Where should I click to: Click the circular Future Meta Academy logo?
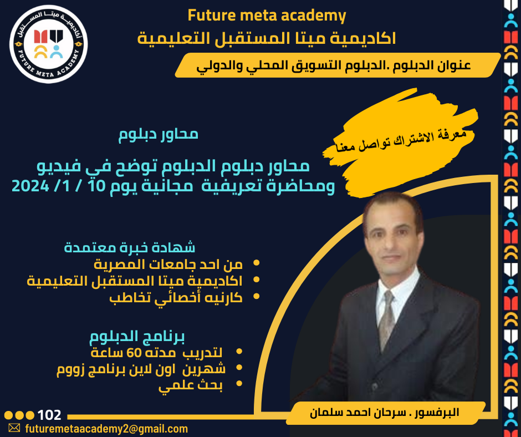tap(49, 44)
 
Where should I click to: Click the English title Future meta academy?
tap(267, 16)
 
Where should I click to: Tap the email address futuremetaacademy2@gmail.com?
tap(106, 429)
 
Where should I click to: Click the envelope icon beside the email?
tap(14, 428)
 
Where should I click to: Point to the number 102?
tap(49, 415)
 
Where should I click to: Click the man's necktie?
tap(386, 319)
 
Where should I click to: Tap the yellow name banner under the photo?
tap(385, 413)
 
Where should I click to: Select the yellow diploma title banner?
tap(338, 65)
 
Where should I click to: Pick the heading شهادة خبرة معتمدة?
tap(130, 247)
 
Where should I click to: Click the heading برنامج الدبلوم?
tap(137, 336)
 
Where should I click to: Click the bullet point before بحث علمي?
tap(239, 383)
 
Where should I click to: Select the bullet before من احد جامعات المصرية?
tap(256, 263)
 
